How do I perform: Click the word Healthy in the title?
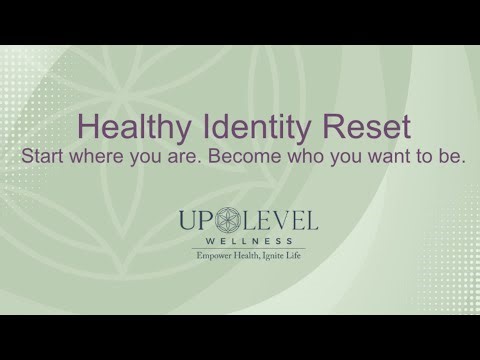pyautogui.click(x=129, y=129)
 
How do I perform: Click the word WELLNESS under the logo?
pyautogui.click(x=239, y=240)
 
